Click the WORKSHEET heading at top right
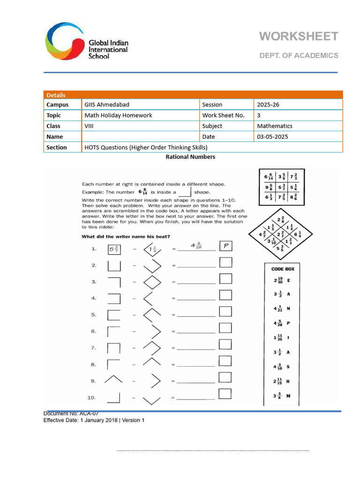(299, 37)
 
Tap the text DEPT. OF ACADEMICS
(299, 55)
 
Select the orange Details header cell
(56, 95)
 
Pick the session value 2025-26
(268, 105)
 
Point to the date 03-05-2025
(273, 136)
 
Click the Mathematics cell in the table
(275, 126)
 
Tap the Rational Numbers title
(190, 157)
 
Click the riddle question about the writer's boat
(126, 236)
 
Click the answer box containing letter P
(226, 247)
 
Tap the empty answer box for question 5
(226, 312)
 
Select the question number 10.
(91, 397)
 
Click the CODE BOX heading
(283, 269)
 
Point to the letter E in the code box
(289, 280)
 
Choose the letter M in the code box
(288, 396)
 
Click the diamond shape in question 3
(152, 282)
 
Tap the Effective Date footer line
(94, 420)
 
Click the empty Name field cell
(140, 136)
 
